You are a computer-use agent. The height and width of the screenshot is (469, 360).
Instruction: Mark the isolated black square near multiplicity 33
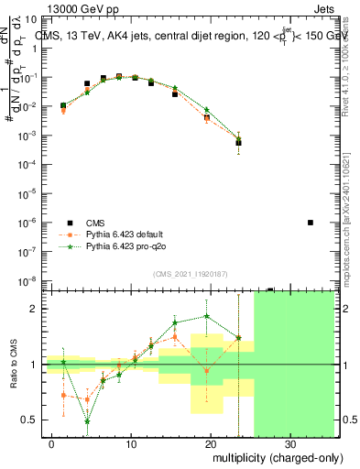click(x=311, y=223)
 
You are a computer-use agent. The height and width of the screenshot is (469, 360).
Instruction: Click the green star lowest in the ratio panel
click(x=87, y=421)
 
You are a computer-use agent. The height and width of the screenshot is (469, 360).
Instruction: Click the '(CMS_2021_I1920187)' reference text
click(x=189, y=274)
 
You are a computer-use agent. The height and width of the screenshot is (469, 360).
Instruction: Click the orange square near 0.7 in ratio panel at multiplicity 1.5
click(x=63, y=395)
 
